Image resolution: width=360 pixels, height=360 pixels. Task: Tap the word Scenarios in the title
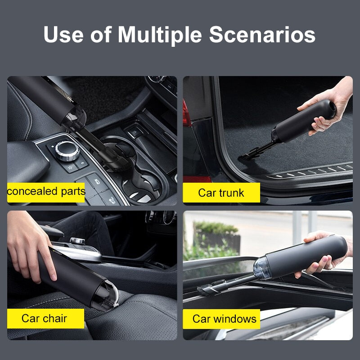pos(262,34)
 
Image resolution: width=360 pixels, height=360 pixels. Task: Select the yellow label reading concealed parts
pos(46,192)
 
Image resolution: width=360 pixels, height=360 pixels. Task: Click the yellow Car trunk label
pos(221,193)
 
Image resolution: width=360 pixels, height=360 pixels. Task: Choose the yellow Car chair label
pos(45,319)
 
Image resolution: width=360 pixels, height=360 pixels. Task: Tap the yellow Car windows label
pos(224,319)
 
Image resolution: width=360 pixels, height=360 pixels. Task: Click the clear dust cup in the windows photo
pos(262,268)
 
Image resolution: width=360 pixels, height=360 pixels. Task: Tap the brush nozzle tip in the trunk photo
pos(247,155)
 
